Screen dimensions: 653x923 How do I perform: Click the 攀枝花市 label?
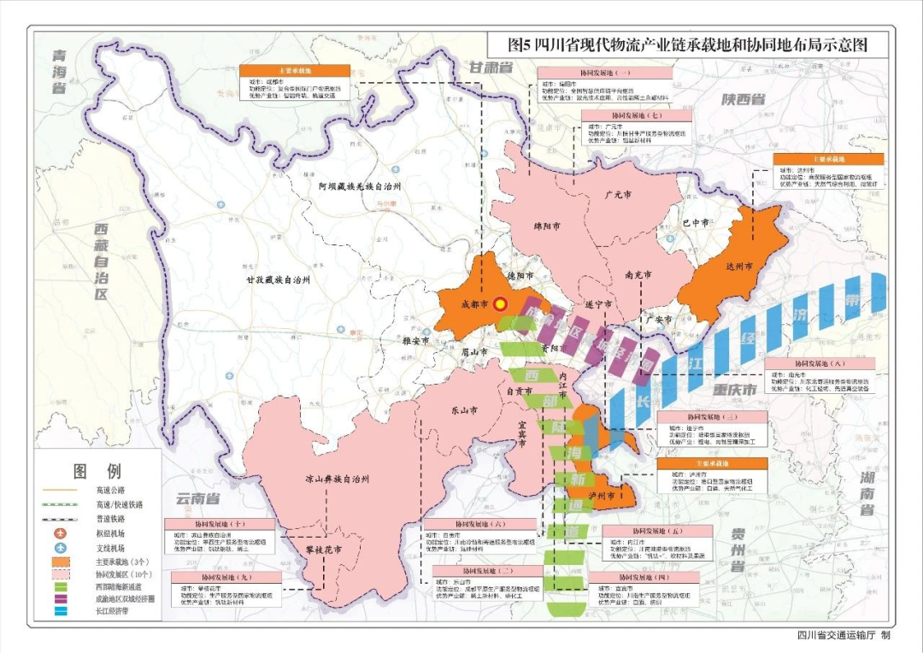click(x=326, y=548)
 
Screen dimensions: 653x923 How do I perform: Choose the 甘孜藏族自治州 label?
click(x=267, y=279)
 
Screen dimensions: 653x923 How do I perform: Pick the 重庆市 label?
click(x=735, y=391)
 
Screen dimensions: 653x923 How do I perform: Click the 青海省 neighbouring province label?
click(x=57, y=70)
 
